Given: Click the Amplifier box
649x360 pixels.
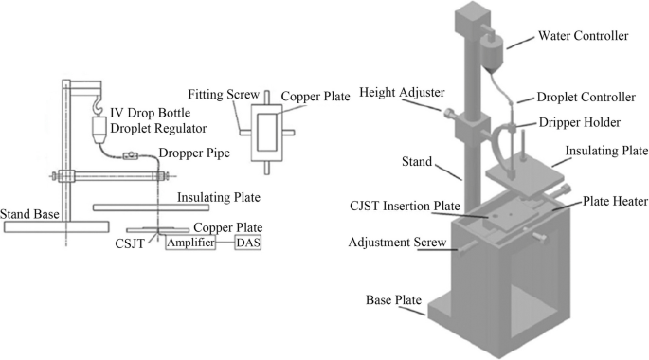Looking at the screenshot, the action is click(190, 243).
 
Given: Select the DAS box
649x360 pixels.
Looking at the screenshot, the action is click(248, 243).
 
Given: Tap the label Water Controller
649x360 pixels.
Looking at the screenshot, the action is click(583, 36).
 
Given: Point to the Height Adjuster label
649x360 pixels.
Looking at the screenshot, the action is click(402, 92).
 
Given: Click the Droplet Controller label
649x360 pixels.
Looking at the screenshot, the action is click(586, 98).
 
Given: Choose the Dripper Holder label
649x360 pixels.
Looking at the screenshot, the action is click(580, 122).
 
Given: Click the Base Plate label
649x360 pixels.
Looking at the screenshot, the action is click(393, 300).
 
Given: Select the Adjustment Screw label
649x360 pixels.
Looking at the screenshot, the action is click(397, 243).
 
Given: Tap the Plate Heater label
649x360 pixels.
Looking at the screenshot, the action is click(615, 202).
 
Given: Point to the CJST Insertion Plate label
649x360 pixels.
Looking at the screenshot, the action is click(405, 207).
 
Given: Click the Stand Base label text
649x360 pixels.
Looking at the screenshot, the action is click(29, 214).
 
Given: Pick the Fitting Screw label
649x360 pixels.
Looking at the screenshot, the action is click(224, 95).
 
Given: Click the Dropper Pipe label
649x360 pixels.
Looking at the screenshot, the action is click(194, 153).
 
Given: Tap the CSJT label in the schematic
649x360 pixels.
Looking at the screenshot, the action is click(130, 243).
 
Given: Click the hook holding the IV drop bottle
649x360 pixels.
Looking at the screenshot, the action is click(97, 103).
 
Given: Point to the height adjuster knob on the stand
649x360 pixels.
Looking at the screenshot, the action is click(448, 113).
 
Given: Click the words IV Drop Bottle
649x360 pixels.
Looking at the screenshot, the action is click(151, 113).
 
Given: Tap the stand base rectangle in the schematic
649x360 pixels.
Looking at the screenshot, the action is click(57, 226).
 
